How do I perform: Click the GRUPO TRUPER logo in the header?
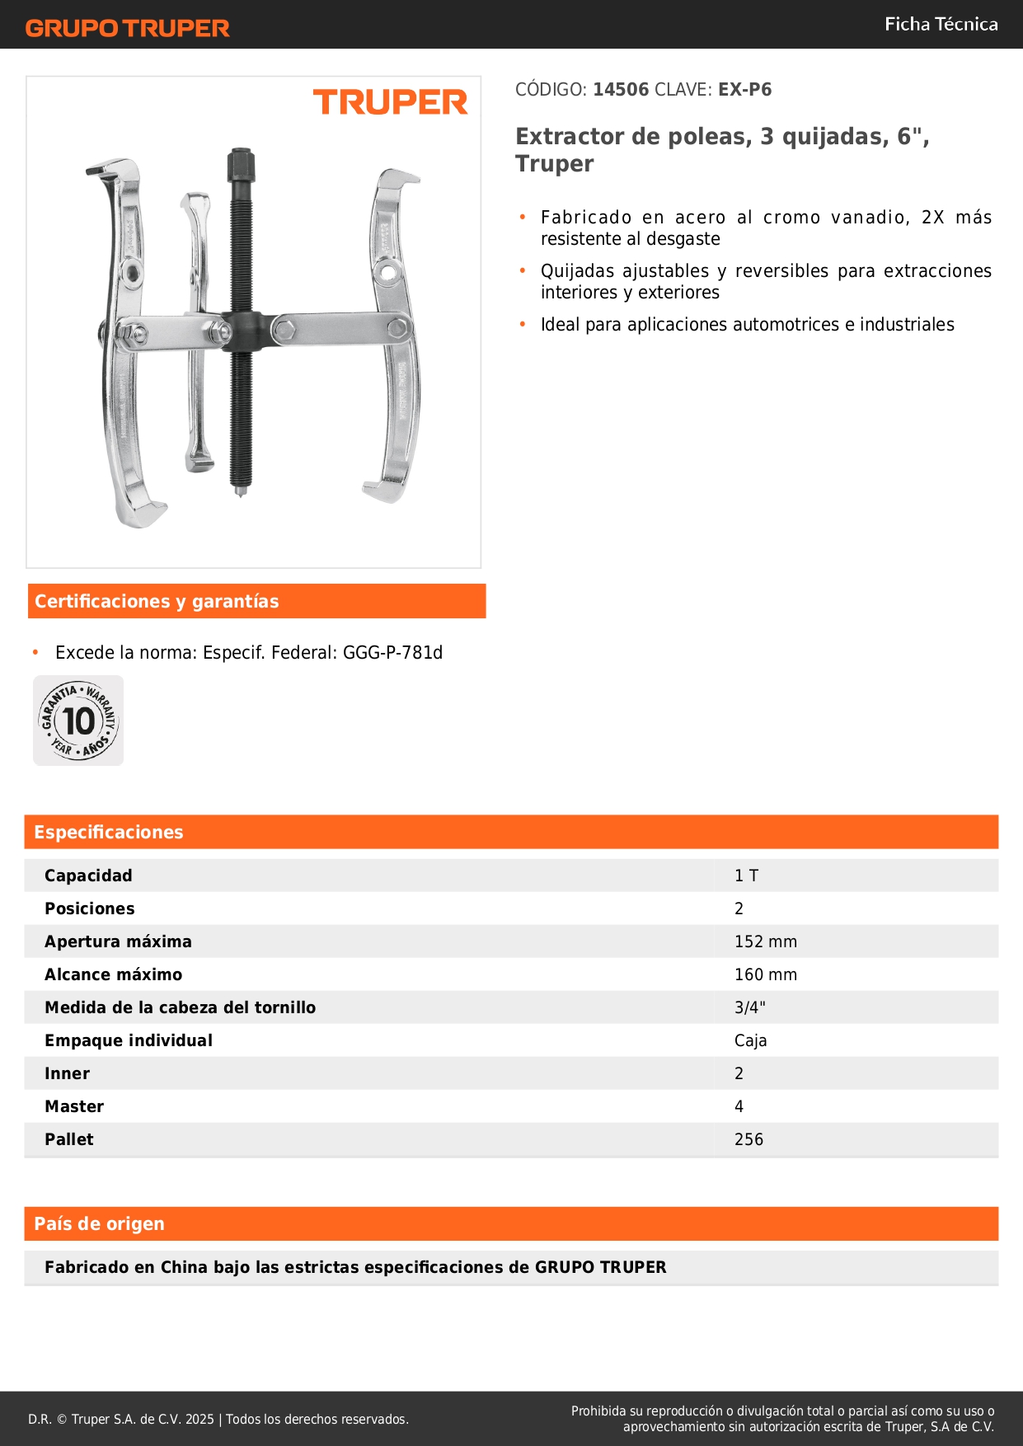(x=127, y=28)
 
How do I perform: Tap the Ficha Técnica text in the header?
(x=941, y=24)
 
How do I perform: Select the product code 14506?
(x=621, y=90)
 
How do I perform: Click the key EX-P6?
(x=744, y=90)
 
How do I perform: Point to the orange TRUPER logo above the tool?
(x=390, y=102)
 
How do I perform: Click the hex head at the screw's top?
(x=241, y=163)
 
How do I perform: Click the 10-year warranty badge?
(x=78, y=721)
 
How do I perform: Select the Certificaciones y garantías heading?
(x=157, y=602)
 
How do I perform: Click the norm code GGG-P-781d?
(x=392, y=653)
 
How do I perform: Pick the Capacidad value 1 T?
(x=746, y=876)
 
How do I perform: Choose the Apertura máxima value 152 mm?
(x=765, y=941)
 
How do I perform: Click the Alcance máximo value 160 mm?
(x=765, y=974)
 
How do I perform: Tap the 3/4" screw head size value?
(x=749, y=1007)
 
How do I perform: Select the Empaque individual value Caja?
(x=750, y=1040)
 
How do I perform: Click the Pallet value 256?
(x=748, y=1139)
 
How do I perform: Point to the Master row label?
(x=74, y=1106)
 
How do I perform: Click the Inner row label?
(x=67, y=1073)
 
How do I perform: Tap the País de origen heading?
(x=99, y=1224)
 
